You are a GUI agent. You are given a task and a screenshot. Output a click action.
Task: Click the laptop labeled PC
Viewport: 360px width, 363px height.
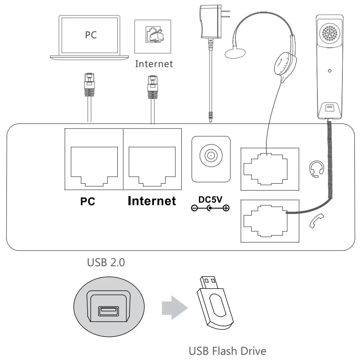(91, 37)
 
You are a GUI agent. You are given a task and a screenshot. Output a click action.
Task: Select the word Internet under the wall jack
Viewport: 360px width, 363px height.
(154, 64)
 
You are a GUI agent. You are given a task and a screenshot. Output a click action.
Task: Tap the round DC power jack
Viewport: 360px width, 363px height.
(211, 155)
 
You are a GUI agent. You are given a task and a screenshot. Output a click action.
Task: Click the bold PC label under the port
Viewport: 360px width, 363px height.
(88, 201)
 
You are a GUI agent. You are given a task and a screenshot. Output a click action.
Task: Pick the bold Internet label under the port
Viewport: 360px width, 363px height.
(152, 201)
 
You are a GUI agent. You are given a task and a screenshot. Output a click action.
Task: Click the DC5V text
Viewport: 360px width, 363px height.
(211, 200)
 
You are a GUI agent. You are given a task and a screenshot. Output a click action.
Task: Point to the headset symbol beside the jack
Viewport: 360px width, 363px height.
(316, 169)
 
